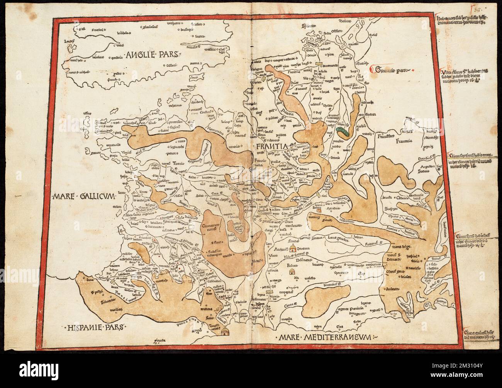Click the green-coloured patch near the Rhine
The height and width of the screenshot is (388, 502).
pos(343,133)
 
